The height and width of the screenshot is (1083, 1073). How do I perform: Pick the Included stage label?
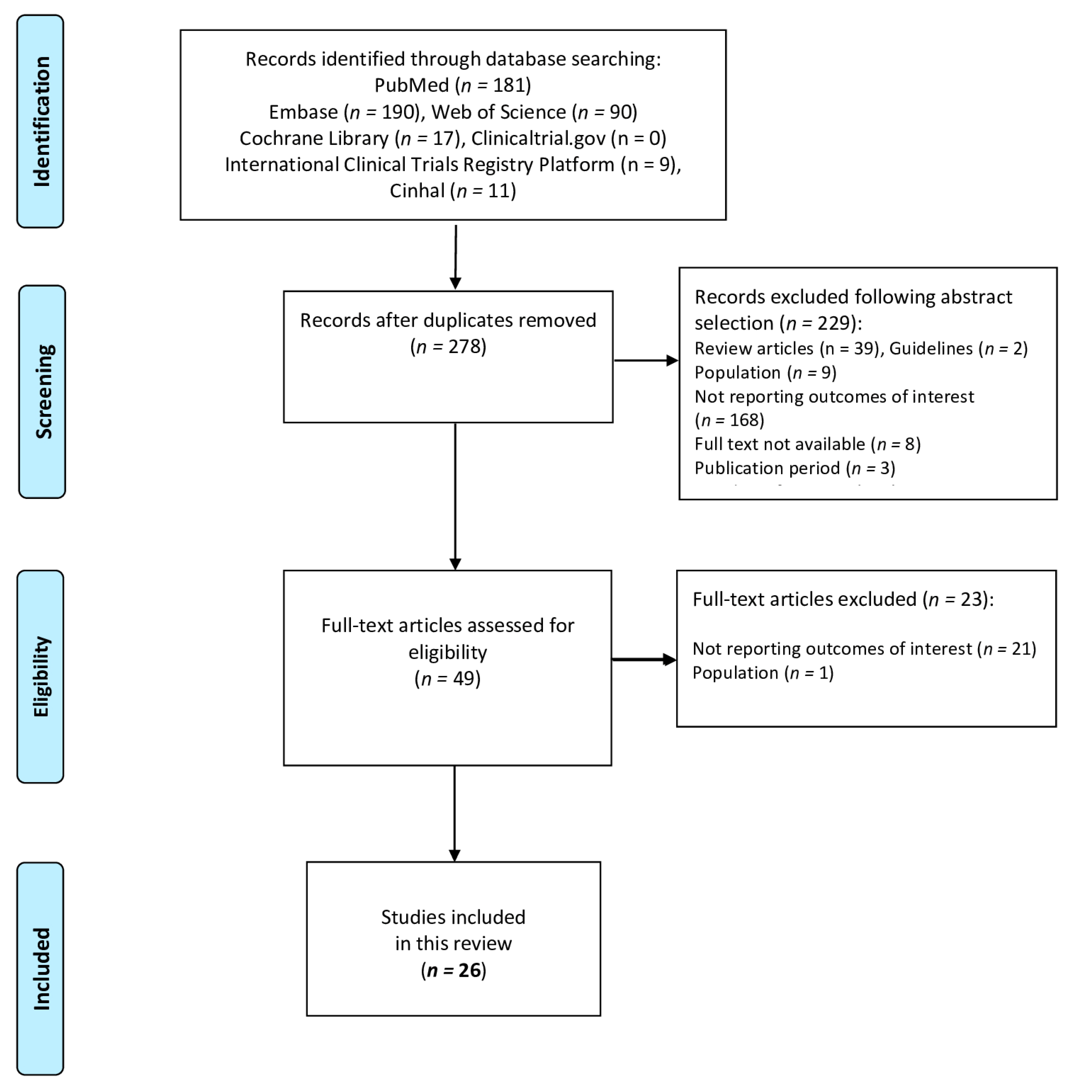click(x=40, y=968)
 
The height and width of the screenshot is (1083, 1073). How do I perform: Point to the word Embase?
click(x=303, y=112)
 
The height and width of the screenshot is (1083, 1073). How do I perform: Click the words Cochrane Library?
click(x=314, y=138)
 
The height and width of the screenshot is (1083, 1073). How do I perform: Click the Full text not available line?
click(x=807, y=444)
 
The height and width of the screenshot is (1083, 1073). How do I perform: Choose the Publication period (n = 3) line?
click(x=794, y=469)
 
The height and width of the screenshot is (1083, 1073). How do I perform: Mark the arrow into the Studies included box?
click(x=454, y=812)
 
